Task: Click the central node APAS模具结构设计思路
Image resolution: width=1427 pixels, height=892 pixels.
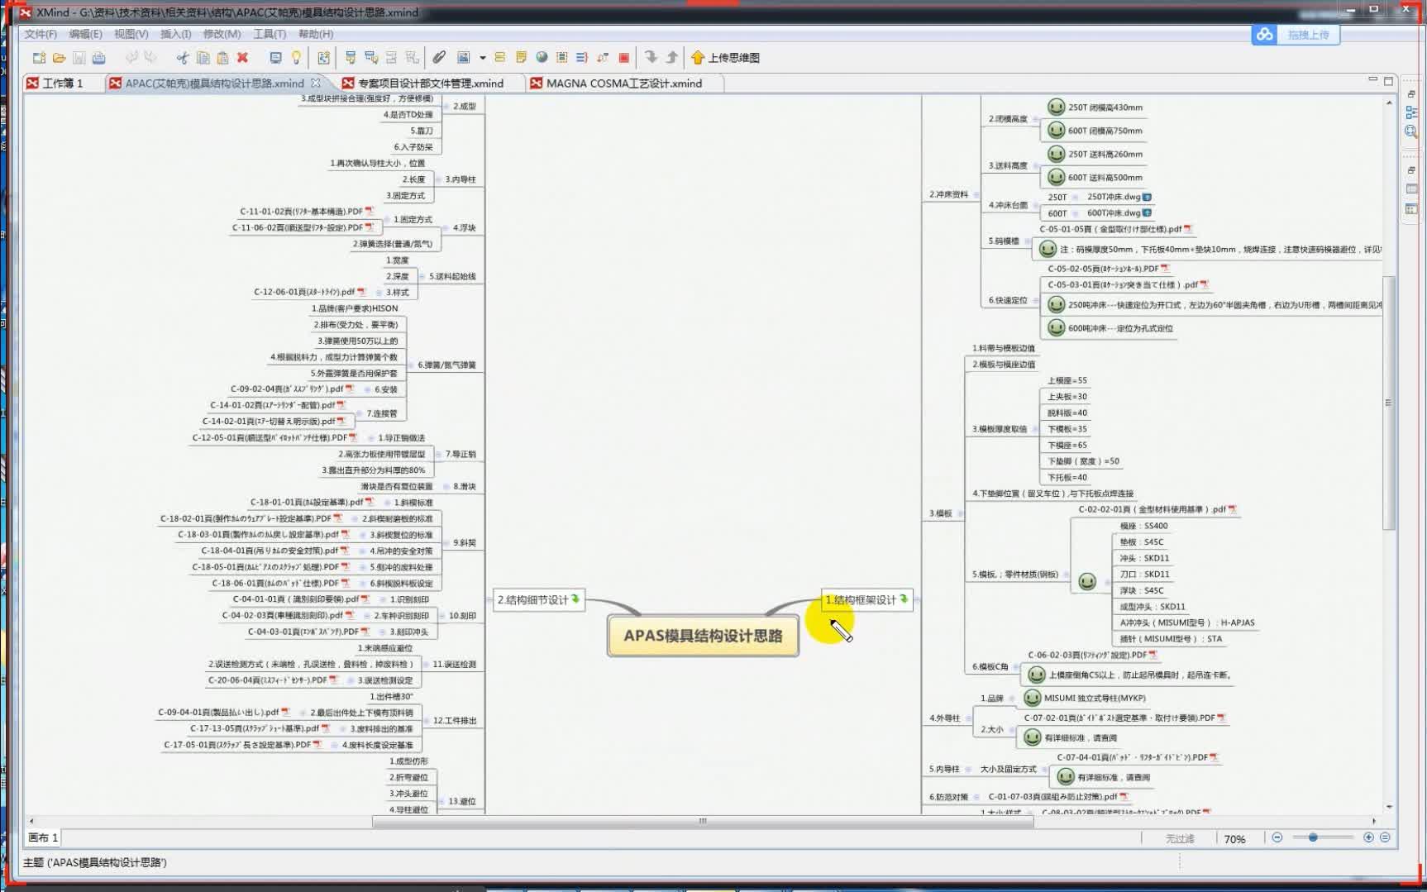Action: [703, 636]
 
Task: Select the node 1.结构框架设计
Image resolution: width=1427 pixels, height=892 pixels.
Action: [861, 600]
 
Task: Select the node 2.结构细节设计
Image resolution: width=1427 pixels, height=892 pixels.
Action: [532, 600]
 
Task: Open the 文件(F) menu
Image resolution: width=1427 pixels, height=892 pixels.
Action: [41, 34]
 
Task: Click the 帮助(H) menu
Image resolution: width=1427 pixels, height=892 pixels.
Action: [315, 34]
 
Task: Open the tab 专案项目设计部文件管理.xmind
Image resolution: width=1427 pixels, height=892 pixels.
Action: [430, 83]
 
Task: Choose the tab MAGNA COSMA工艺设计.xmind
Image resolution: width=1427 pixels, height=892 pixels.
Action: [623, 83]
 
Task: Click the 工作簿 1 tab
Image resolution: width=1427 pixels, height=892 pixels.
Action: [62, 83]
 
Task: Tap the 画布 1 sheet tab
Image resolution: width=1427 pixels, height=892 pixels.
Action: [43, 837]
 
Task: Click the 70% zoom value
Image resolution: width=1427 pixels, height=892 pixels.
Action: [1234, 839]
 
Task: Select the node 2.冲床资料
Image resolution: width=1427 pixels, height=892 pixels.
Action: [948, 195]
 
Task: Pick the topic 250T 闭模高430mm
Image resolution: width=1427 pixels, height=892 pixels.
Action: [1105, 107]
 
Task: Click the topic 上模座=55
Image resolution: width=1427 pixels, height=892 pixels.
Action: [1067, 381]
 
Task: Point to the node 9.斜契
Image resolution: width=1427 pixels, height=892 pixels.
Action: [464, 543]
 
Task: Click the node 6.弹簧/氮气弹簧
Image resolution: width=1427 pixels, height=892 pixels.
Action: [446, 365]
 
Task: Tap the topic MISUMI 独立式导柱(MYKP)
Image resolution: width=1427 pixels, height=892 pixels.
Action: [1095, 699]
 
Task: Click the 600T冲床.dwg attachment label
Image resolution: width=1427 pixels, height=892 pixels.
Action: [1113, 213]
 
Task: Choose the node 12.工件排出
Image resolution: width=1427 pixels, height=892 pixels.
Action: [454, 721]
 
